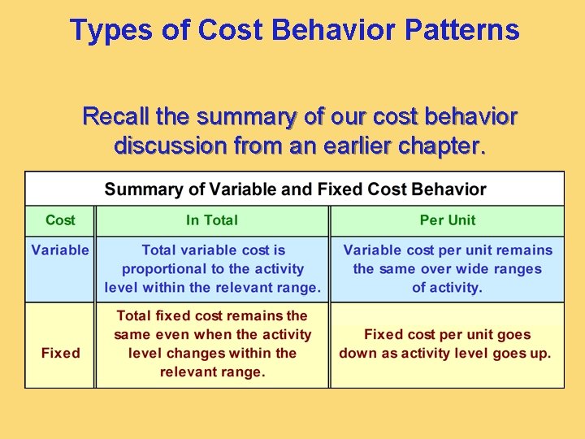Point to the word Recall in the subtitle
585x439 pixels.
point(115,117)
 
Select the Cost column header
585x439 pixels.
point(60,220)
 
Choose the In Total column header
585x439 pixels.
point(213,220)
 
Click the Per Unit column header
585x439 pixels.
point(447,220)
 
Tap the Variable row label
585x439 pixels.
point(60,250)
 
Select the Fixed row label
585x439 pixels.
point(60,353)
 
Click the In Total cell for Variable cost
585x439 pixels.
point(213,269)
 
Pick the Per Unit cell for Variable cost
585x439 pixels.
point(447,269)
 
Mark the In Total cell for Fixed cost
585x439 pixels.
point(213,344)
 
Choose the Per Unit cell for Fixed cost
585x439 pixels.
point(447,344)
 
